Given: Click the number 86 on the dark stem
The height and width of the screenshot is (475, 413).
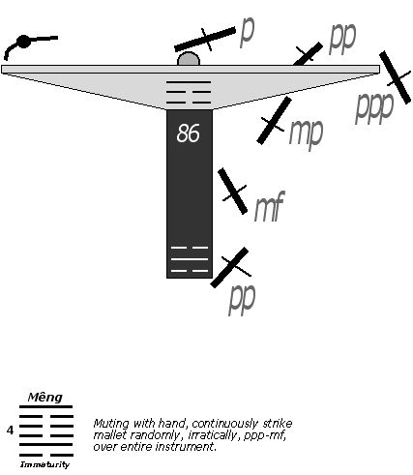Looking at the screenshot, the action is [188, 134].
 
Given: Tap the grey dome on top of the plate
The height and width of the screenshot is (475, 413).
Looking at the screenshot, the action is [189, 59].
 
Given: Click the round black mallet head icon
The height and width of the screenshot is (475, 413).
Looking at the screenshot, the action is [23, 42].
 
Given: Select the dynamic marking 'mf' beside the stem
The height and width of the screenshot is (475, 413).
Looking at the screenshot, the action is [269, 206].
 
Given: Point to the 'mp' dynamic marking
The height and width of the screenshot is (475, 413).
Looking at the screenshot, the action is [306, 134].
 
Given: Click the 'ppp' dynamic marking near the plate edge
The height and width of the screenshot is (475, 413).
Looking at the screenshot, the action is [374, 107].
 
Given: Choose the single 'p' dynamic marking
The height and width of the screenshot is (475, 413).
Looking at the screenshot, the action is [248, 31].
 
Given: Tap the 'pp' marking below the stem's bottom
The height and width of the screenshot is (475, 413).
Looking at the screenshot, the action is [242, 300].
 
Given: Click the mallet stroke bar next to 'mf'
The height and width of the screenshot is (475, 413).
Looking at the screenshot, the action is [232, 191].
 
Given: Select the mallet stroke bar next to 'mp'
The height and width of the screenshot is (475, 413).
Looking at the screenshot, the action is [274, 120].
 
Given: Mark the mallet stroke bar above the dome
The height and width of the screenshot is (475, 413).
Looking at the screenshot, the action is [205, 40].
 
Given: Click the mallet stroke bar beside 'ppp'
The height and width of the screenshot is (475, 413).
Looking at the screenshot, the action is [395, 77].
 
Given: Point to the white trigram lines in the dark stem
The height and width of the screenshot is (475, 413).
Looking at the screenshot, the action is [190, 259].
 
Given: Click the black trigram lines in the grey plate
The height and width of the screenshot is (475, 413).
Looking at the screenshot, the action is [189, 92].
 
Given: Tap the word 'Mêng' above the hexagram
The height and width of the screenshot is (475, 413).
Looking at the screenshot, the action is [44, 398].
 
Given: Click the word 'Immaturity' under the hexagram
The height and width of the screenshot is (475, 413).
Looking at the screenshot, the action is [44, 464].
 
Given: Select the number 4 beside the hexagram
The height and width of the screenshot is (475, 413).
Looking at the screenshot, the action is [11, 430].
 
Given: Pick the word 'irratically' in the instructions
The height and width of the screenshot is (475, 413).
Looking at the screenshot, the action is [213, 435].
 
